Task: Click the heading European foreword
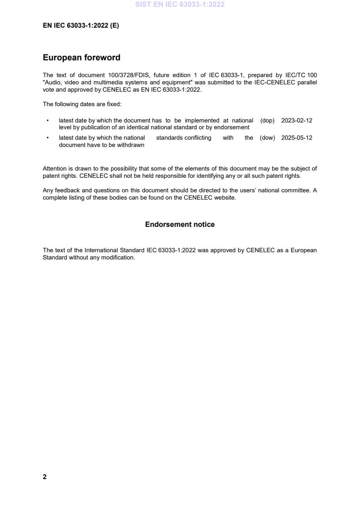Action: (x=81, y=58)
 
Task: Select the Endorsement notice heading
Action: (x=180, y=225)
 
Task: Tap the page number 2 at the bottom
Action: (x=44, y=477)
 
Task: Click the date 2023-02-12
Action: (x=296, y=121)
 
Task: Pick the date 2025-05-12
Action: (x=296, y=138)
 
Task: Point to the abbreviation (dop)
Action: (x=267, y=121)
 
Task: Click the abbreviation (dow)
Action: (x=267, y=138)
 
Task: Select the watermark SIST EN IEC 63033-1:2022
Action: (x=180, y=5)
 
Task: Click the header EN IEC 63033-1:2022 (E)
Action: (x=81, y=26)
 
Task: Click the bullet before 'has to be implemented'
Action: (x=48, y=121)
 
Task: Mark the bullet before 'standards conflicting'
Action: (x=48, y=138)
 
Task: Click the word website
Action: (x=225, y=197)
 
